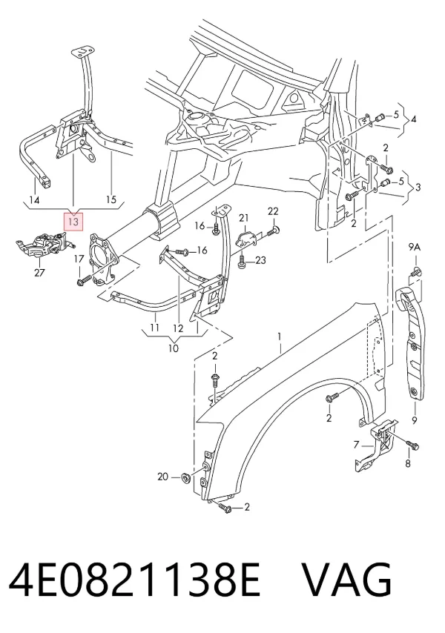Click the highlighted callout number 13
[x=73, y=222]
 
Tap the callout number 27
[x=39, y=273]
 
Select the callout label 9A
[x=415, y=248]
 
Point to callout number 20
[x=162, y=477]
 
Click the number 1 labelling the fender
[x=279, y=337]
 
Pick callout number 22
[x=273, y=211]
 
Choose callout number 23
[x=260, y=260]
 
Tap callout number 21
[x=243, y=219]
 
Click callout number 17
[x=79, y=259]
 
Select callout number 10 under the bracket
[x=174, y=348]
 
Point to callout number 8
[x=407, y=463]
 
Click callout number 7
[x=356, y=445]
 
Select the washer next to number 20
[x=187, y=477]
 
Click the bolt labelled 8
[x=412, y=445]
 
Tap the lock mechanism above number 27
[x=44, y=246]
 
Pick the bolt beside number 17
[x=85, y=279]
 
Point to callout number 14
[x=35, y=200]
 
